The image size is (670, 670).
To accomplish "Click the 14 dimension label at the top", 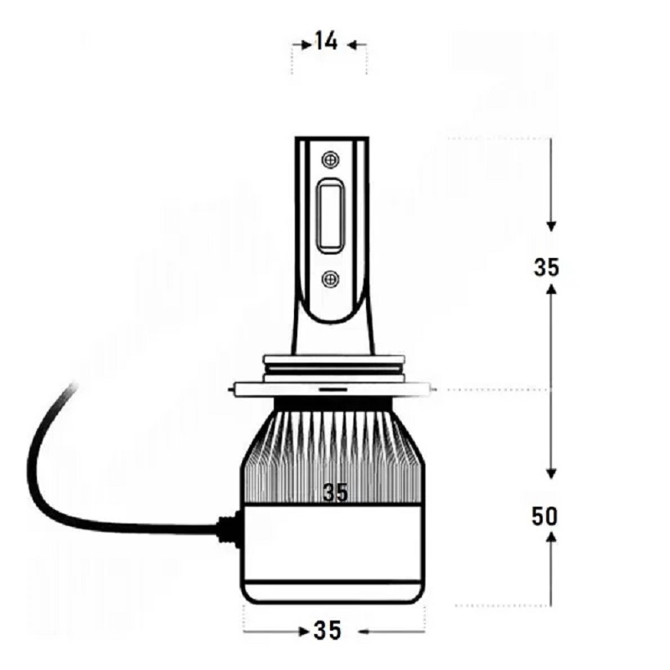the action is click(327, 42).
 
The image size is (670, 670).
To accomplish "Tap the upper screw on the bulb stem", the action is click(330, 160).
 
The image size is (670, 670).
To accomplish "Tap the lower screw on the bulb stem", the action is click(330, 280).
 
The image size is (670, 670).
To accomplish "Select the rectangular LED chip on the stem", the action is click(330, 217).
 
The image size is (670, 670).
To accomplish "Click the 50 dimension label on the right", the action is click(545, 516).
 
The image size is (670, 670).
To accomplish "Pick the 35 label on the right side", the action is click(547, 267).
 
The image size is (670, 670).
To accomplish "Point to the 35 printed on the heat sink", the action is click(336, 492).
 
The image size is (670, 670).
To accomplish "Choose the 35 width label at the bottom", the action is click(327, 631).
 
